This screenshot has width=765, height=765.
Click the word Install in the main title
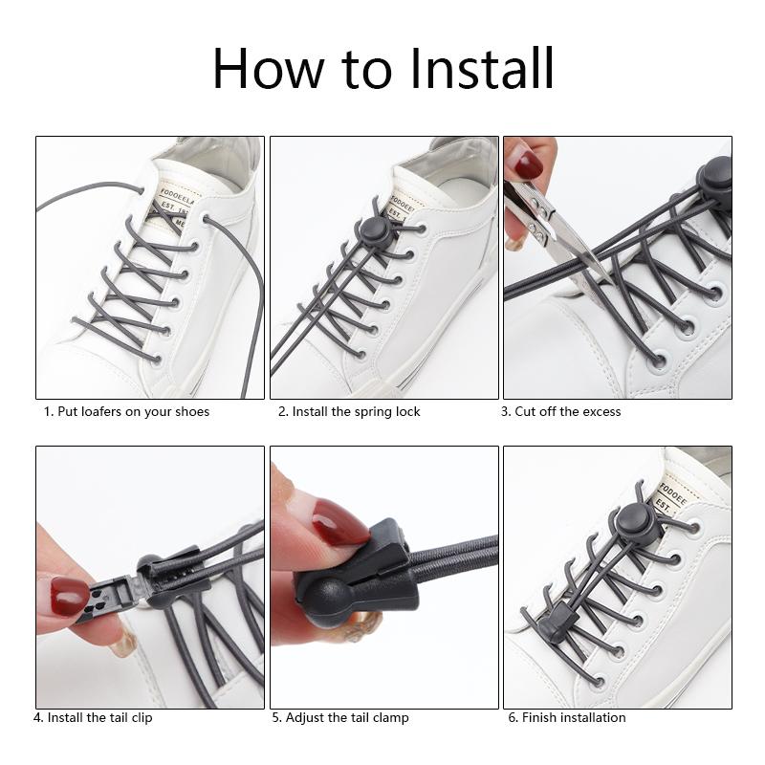click(x=482, y=68)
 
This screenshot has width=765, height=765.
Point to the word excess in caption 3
click(x=602, y=412)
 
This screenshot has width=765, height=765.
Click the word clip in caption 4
click(x=142, y=718)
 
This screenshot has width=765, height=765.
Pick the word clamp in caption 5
click(x=391, y=718)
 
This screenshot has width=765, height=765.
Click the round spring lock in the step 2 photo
click(x=375, y=230)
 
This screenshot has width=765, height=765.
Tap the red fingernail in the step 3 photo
click(x=529, y=164)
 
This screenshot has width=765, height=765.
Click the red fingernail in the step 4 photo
click(x=69, y=596)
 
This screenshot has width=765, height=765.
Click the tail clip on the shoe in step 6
click(x=559, y=619)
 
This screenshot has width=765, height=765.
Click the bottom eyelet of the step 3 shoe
click(x=658, y=361)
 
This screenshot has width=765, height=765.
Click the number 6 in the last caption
click(x=513, y=718)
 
